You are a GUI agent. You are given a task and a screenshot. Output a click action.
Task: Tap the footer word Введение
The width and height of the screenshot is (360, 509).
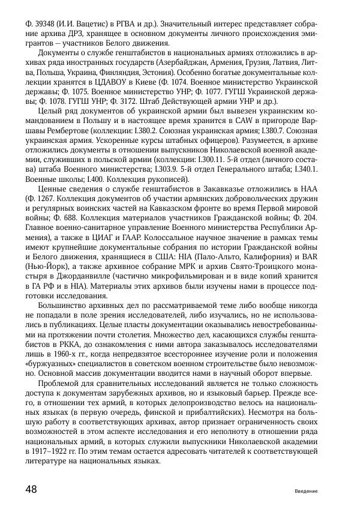click(306, 491)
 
